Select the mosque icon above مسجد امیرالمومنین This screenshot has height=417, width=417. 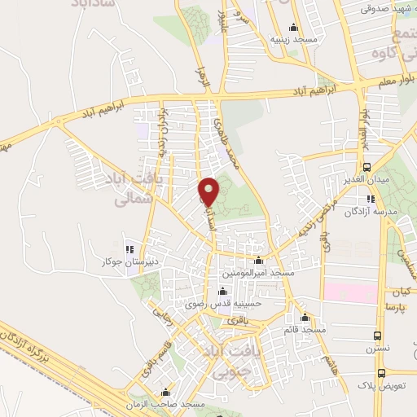(259, 261)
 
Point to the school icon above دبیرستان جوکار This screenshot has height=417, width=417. (126, 249)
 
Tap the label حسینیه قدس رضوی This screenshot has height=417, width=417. (224, 303)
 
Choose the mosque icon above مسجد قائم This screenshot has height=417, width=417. (305, 318)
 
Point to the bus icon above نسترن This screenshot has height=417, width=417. (377, 334)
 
